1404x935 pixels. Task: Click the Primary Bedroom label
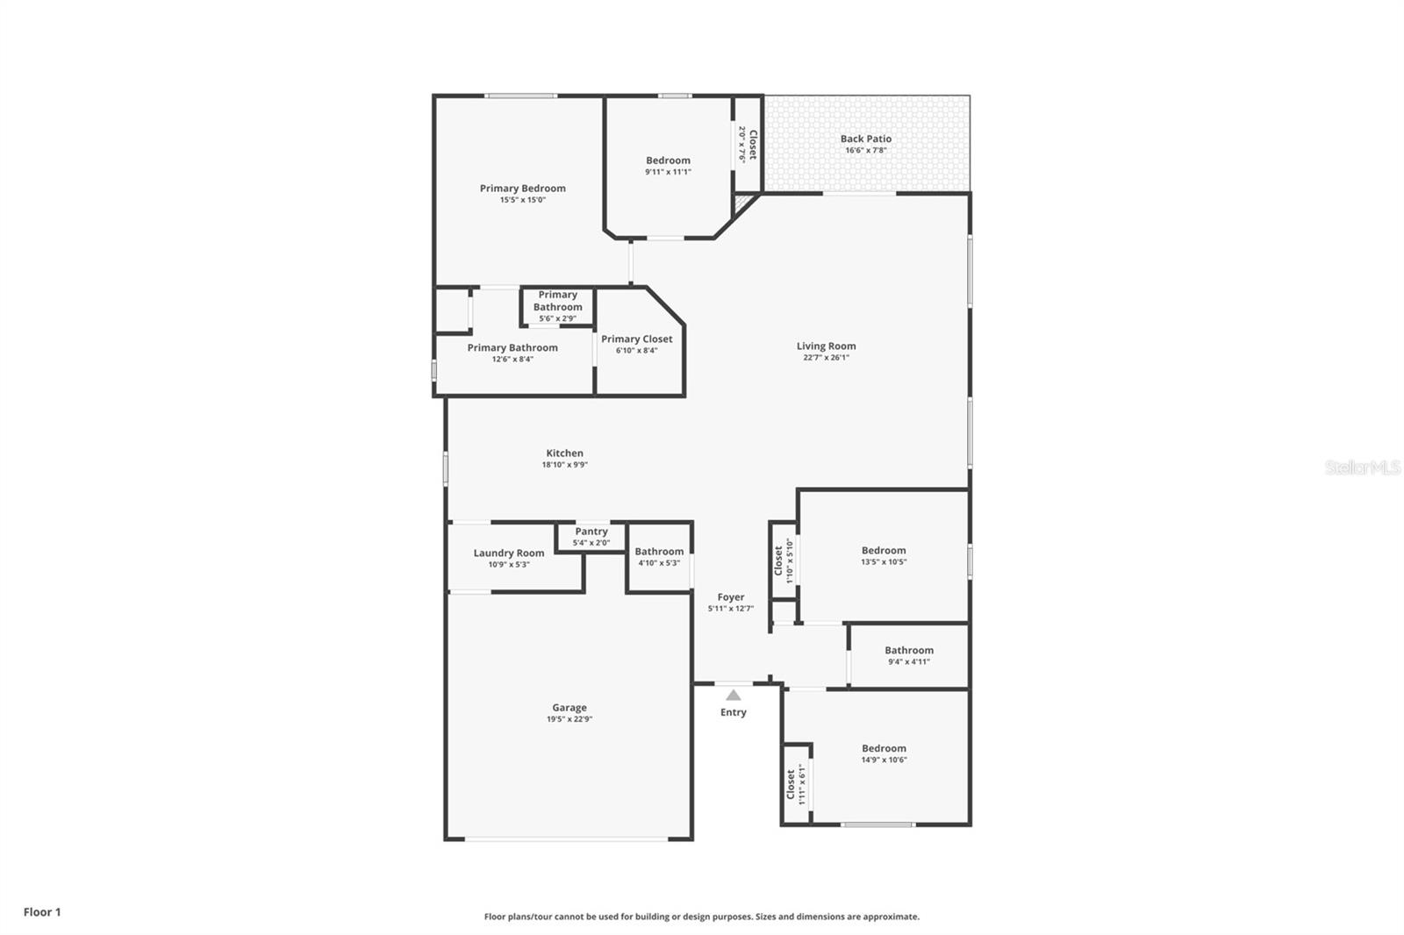(522, 189)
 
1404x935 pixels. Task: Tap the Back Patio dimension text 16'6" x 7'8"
(865, 150)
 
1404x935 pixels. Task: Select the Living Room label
(826, 346)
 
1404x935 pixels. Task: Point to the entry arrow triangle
(733, 695)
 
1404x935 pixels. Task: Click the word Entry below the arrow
(733, 712)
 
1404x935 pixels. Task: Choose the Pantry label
(591, 532)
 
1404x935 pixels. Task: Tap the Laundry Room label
(508, 553)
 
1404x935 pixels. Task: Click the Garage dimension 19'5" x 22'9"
(569, 719)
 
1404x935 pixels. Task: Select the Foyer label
(730, 597)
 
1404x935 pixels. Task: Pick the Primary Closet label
(636, 339)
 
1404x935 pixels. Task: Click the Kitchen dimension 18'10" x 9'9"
(564, 465)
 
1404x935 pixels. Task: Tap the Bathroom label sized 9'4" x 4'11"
(908, 651)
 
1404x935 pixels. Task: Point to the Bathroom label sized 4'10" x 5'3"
(658, 552)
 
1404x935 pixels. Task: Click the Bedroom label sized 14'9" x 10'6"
(883, 749)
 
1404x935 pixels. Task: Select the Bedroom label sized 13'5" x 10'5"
(883, 551)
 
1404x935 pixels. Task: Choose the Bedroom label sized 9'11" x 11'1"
(668, 161)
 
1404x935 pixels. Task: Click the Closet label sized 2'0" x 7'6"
(752, 144)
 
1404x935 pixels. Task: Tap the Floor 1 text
(42, 912)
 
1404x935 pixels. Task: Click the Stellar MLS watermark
(1362, 468)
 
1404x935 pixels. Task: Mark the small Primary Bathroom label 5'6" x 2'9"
(557, 301)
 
